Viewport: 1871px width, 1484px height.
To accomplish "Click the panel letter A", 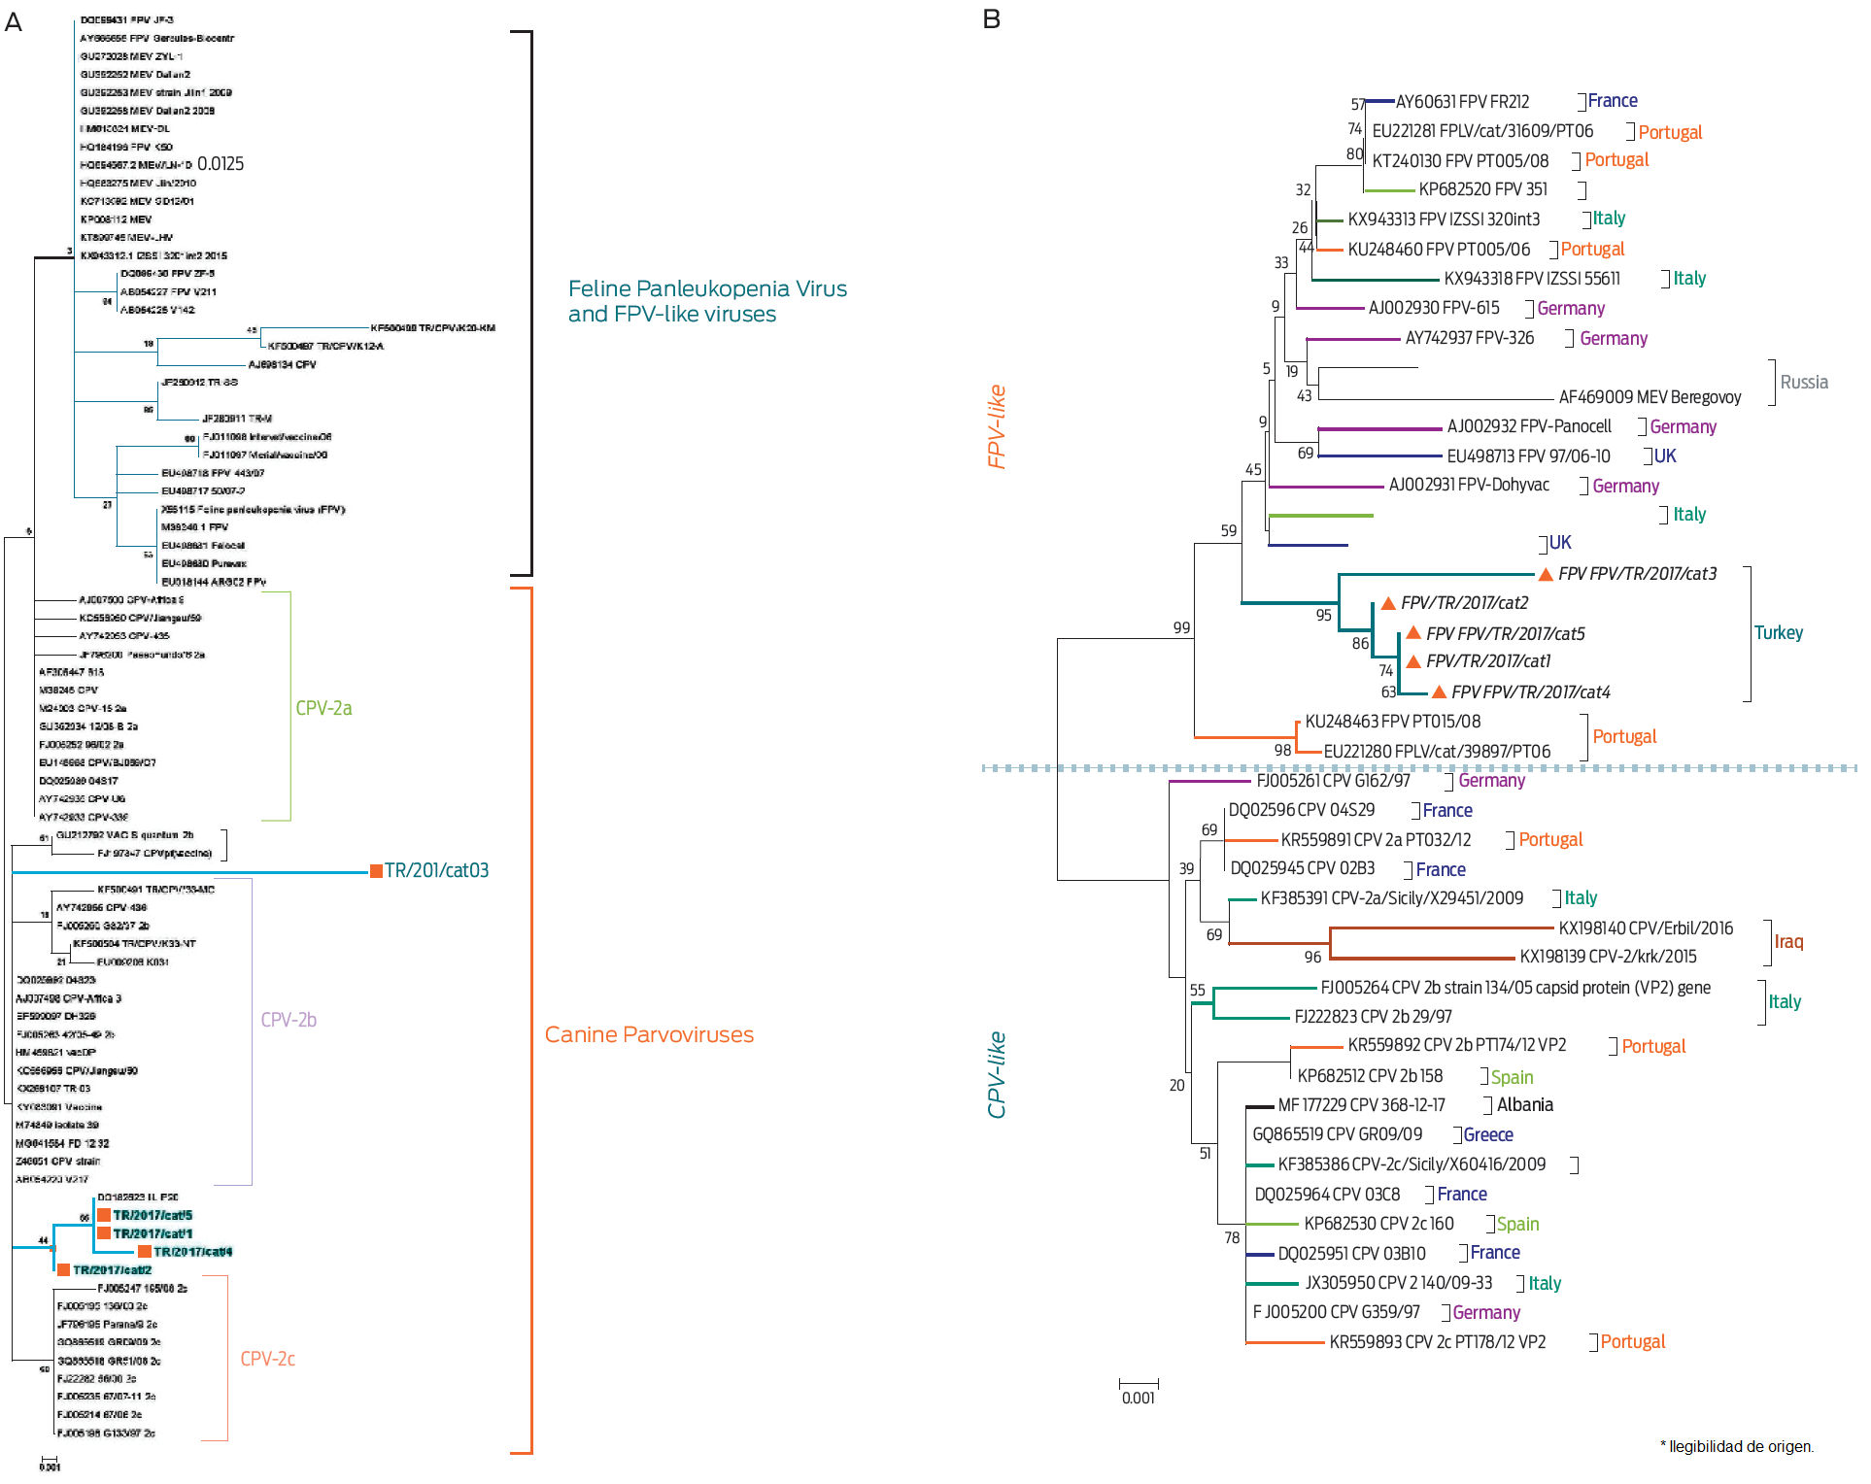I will tap(14, 21).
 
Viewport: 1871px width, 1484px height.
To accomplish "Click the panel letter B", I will tap(991, 19).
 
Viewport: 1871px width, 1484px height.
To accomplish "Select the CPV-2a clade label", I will tap(323, 708).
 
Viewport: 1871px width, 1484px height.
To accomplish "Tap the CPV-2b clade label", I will tap(289, 1020).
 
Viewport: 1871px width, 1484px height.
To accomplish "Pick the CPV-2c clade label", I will tap(267, 1359).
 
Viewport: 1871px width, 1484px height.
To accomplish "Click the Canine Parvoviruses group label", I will tap(649, 1034).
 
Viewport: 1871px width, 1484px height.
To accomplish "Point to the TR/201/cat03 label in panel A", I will tap(436, 870).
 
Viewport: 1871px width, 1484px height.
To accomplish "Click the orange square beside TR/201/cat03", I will tap(376, 870).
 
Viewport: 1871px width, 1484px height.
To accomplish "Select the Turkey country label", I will tap(1778, 632).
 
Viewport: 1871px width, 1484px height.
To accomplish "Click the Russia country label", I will tap(1804, 382).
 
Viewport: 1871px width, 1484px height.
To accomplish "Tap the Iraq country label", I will tap(1788, 941).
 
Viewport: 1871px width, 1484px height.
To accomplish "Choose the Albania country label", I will tap(1524, 1104).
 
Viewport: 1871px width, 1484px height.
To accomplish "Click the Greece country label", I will tap(1487, 1134).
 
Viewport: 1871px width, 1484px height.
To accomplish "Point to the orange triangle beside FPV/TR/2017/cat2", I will tap(1388, 603).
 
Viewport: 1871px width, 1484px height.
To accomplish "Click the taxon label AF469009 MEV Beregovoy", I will tap(1650, 396).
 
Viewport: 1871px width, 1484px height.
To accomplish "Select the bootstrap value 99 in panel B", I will tap(1181, 627).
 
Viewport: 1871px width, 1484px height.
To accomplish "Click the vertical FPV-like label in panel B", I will tap(996, 426).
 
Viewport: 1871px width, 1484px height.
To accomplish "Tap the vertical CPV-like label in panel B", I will tap(996, 1074).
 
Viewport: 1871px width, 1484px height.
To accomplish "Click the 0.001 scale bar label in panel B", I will tap(1139, 1398).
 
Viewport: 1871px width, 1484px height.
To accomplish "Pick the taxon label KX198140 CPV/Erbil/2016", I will tap(1646, 927).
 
